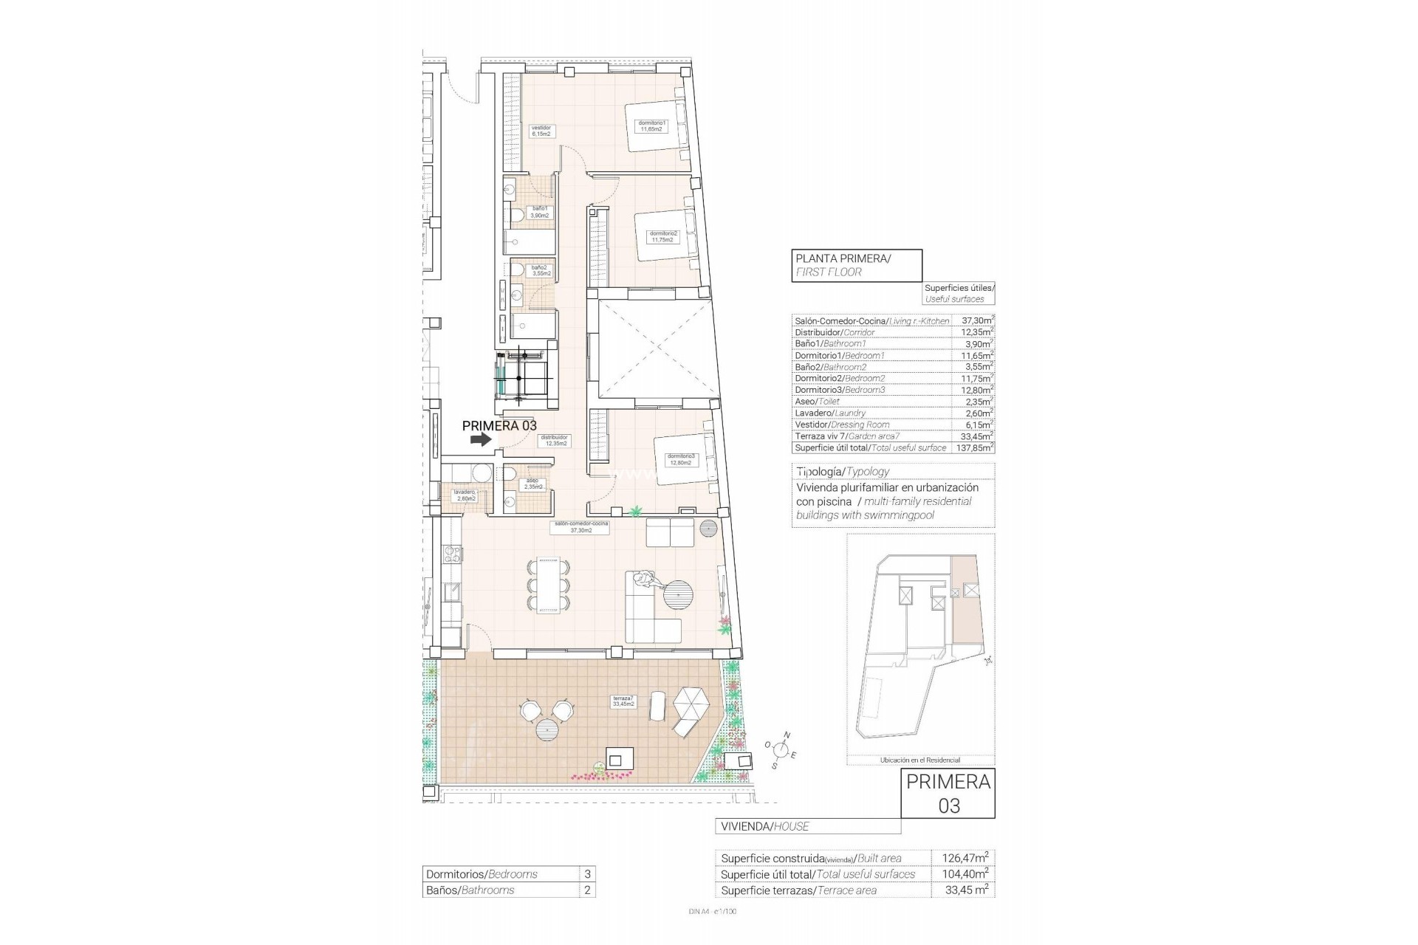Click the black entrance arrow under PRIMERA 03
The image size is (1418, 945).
480,439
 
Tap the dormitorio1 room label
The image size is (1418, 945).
652,126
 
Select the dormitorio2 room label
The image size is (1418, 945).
662,236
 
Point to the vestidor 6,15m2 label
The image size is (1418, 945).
541,131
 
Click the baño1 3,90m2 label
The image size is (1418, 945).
540,212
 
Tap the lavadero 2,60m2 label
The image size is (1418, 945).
465,495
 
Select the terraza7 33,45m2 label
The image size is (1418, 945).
623,701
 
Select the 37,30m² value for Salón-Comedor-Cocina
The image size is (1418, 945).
976,321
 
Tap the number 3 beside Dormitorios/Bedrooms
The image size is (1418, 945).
587,874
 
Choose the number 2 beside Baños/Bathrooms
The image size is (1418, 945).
587,890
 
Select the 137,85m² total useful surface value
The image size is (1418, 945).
976,448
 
